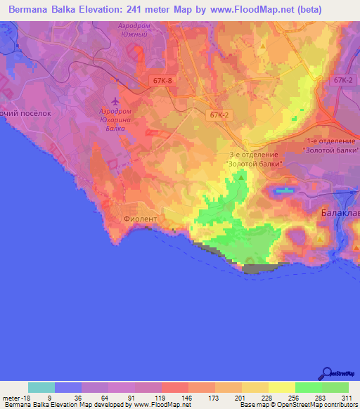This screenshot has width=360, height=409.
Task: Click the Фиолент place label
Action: pyautogui.click(x=140, y=219)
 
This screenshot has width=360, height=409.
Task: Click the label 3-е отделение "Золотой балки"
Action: pyautogui.click(x=255, y=159)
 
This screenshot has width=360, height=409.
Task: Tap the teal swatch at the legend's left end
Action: pyautogui.click(x=41, y=387)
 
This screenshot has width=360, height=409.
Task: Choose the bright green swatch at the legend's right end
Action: pyautogui.click(x=335, y=387)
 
